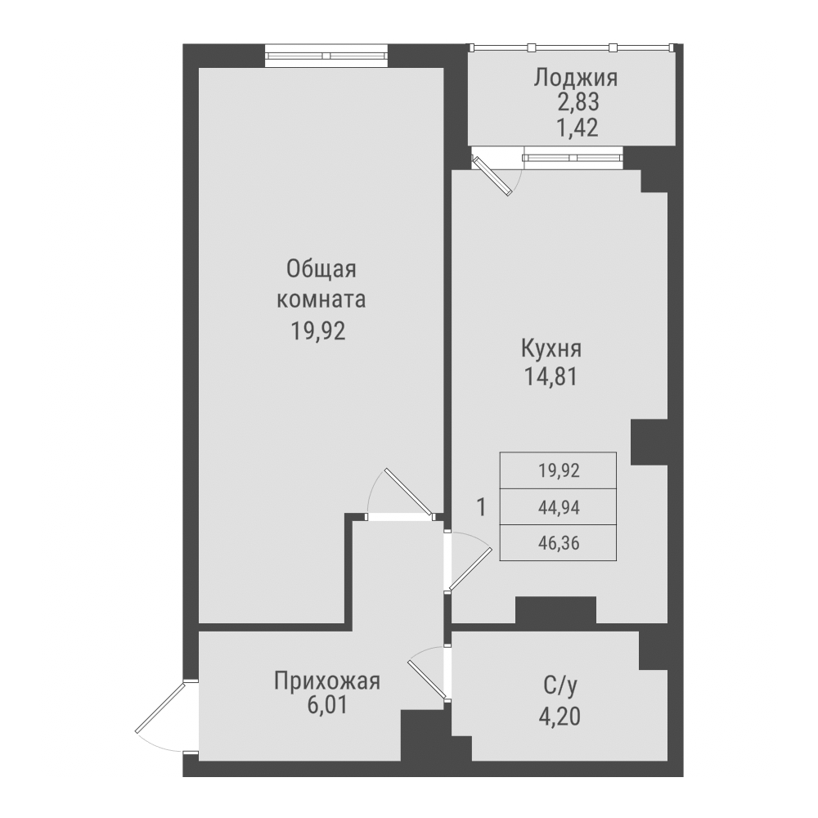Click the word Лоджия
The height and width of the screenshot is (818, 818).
(x=575, y=79)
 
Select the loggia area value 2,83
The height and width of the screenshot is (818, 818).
(x=576, y=103)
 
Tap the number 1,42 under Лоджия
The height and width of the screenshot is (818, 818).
(x=576, y=128)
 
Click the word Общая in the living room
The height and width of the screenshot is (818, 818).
(x=322, y=270)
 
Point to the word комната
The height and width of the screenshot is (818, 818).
(x=321, y=299)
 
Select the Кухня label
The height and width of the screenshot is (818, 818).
(x=551, y=349)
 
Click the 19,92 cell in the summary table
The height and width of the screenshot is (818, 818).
(x=558, y=470)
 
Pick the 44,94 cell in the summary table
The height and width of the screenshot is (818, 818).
(x=558, y=507)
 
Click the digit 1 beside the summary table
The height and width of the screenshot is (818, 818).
(x=482, y=507)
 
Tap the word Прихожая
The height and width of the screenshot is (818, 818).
(x=327, y=681)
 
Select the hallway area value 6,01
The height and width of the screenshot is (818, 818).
(x=327, y=705)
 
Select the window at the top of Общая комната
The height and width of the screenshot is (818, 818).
(x=326, y=56)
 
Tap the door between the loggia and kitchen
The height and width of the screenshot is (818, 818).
(x=495, y=173)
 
